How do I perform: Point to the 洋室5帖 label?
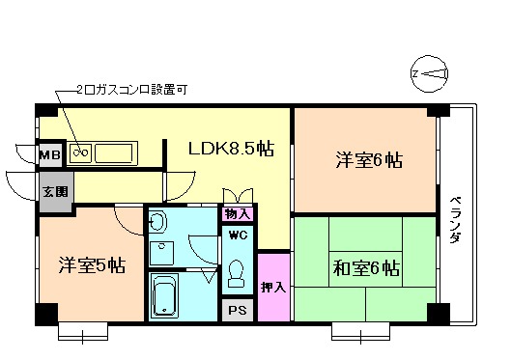[x=90, y=265]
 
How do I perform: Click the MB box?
[x=48, y=153]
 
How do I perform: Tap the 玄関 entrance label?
[x=54, y=191]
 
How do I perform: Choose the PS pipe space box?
[x=238, y=311]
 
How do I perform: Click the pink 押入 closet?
[x=273, y=287]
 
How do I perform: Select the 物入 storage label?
[x=238, y=213]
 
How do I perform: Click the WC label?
[x=238, y=235]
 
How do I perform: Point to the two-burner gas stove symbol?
[x=81, y=152]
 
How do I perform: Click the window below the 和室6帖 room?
[x=361, y=331]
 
